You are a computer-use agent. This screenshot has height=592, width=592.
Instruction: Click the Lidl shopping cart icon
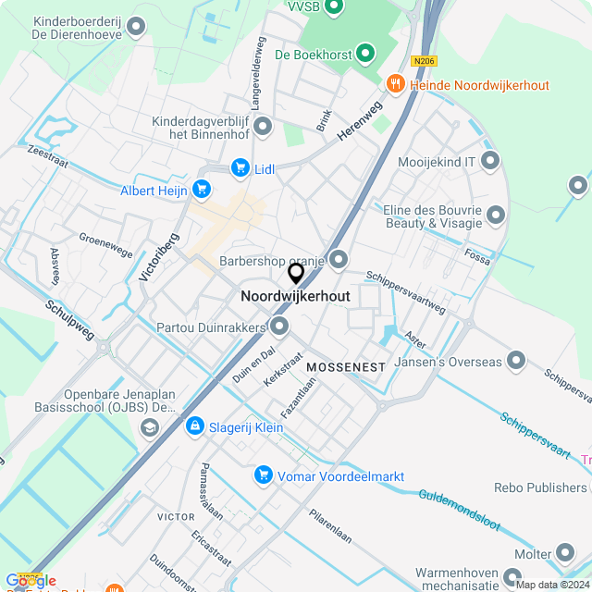[240, 167]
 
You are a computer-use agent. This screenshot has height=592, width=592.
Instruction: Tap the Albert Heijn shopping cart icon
[201, 191]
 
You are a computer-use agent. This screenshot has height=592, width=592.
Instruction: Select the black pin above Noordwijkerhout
[296, 274]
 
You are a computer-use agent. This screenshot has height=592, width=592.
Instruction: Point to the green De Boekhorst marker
[366, 55]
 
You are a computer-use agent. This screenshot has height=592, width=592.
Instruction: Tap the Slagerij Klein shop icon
[194, 425]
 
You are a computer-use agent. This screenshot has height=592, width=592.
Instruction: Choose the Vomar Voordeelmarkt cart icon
[264, 475]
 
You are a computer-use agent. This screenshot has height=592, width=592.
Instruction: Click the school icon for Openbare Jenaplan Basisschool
[149, 426]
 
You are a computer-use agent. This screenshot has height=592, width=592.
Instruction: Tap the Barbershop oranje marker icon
[339, 260]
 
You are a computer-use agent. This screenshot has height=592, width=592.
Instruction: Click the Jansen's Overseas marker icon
[516, 360]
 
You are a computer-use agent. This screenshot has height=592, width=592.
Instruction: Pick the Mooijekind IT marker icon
[490, 162]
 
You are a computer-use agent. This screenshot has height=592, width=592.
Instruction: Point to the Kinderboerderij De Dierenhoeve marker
[137, 27]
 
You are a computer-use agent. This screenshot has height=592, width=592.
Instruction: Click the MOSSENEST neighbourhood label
[346, 367]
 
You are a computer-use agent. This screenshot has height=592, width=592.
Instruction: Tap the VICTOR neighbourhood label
[176, 516]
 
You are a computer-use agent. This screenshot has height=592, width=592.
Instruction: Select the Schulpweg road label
[68, 319]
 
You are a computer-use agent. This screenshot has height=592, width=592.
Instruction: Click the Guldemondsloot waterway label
[459, 511]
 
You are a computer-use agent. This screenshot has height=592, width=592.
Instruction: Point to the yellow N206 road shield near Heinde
[425, 61]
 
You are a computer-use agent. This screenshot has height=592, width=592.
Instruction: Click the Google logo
[30, 581]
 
